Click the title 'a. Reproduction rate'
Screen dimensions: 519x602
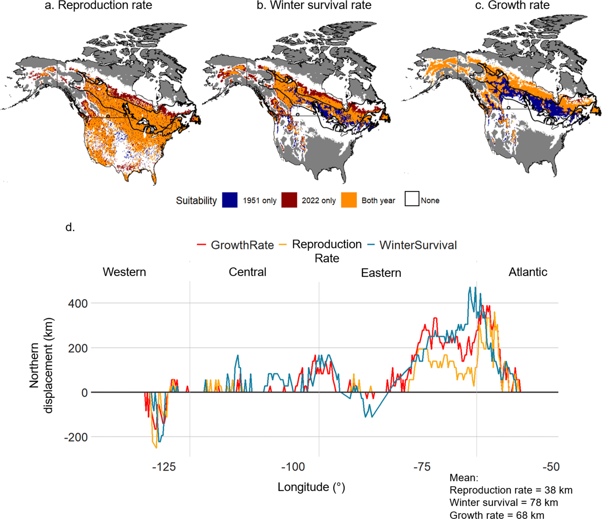point(98,5)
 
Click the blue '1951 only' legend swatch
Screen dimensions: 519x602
point(230,200)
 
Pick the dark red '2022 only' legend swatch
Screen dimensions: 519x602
point(289,200)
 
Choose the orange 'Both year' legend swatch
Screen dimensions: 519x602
point(349,200)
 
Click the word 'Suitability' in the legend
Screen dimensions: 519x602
point(196,201)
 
